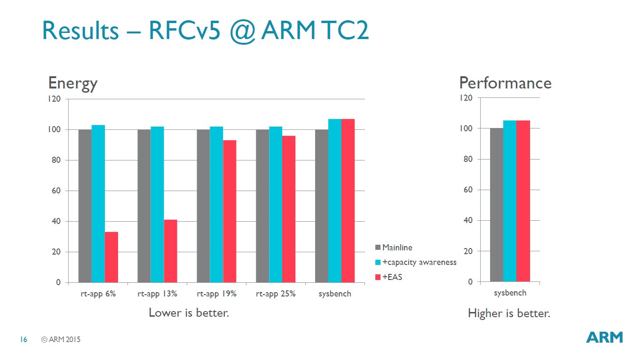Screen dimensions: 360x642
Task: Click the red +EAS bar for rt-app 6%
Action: point(111,257)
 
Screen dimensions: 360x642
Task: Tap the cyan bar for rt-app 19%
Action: point(216,204)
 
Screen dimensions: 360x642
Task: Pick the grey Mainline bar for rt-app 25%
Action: point(262,206)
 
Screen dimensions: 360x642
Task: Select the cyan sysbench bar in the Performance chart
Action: point(510,201)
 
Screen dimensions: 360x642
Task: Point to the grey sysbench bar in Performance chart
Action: point(497,205)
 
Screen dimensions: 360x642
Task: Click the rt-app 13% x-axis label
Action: point(157,294)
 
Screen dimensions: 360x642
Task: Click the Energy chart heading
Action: point(73,83)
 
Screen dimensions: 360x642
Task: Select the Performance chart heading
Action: point(505,83)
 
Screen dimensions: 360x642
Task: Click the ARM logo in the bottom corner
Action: point(604,337)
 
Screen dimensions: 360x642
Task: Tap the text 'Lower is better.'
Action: point(189,312)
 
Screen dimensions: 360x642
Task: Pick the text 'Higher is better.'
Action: point(509,313)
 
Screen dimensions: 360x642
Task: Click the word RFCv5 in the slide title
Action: point(185,31)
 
